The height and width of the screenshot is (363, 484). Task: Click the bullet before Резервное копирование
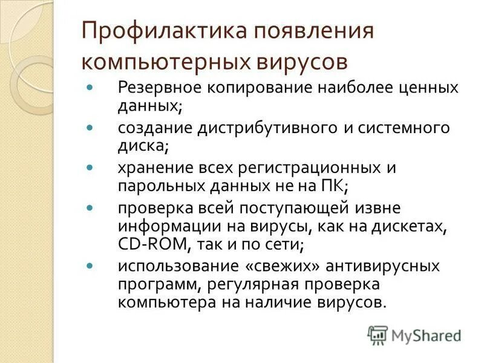(x=90, y=87)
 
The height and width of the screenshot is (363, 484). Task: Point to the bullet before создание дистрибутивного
(x=90, y=128)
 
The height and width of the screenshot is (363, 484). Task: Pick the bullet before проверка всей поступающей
(x=90, y=208)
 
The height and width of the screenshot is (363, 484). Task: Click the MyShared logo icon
(x=378, y=335)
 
